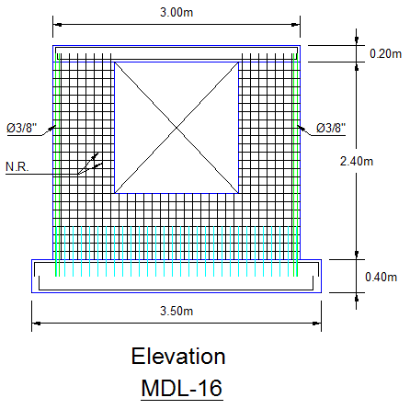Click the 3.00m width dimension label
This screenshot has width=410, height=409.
pyautogui.click(x=177, y=13)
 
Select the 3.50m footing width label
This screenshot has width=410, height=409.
pyautogui.click(x=177, y=311)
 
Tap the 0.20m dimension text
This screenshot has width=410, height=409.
pyautogui.click(x=385, y=53)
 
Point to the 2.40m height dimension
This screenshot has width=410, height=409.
pyautogui.click(x=357, y=161)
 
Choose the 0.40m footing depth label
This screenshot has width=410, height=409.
pyautogui.click(x=381, y=277)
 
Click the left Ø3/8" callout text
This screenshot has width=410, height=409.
pyautogui.click(x=22, y=128)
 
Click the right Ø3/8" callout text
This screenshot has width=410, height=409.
pyautogui.click(x=331, y=128)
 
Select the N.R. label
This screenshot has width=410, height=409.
pyautogui.click(x=17, y=167)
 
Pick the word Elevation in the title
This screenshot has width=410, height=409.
pyautogui.click(x=178, y=356)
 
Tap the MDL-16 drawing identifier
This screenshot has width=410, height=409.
pyautogui.click(x=182, y=388)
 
